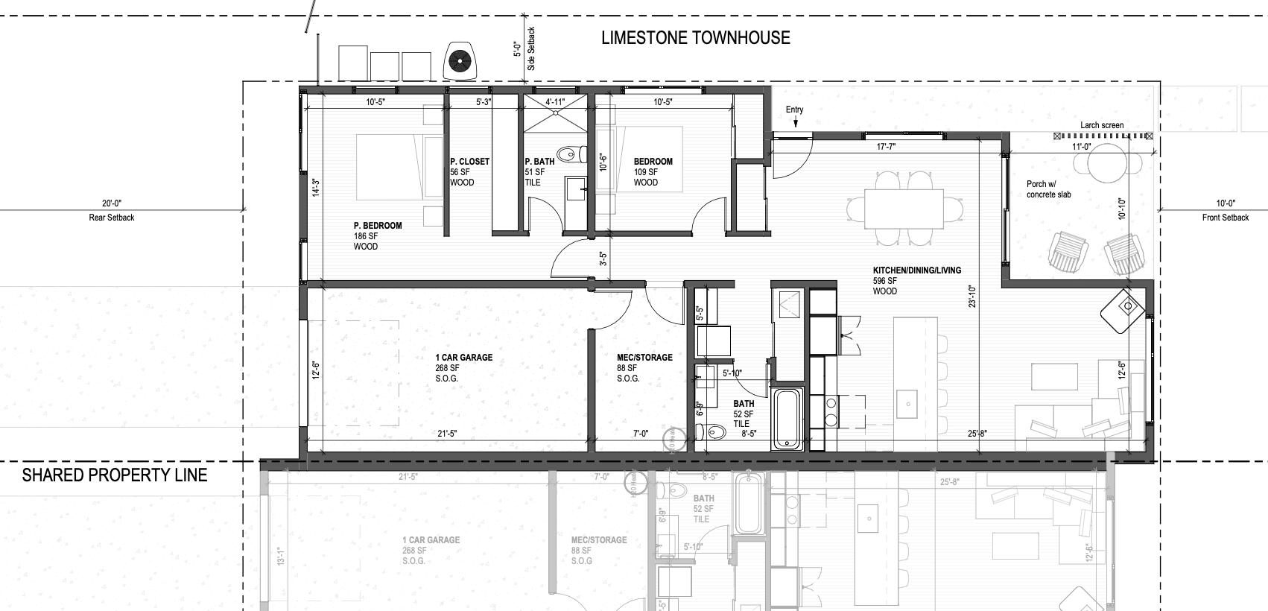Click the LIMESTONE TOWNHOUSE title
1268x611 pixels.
(695, 38)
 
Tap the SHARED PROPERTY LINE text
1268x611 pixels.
(114, 475)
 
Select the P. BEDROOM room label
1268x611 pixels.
(377, 226)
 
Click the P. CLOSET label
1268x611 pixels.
(469, 162)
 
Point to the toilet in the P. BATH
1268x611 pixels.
(571, 154)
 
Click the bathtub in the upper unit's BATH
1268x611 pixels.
(788, 418)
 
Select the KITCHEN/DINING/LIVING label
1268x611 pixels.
(916, 270)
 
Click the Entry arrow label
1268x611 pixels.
(794, 110)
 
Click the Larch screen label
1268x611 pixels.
(1102, 125)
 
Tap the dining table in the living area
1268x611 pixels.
(903, 208)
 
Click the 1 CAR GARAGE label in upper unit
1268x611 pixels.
(463, 358)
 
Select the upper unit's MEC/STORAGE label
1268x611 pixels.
(644, 358)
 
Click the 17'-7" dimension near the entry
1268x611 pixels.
(886, 147)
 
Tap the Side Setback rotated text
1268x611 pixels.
(531, 49)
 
